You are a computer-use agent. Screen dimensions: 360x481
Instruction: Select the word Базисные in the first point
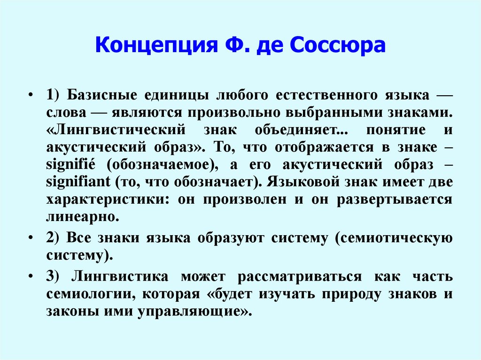click(x=100, y=95)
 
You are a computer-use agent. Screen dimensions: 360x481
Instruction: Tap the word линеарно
click(x=80, y=217)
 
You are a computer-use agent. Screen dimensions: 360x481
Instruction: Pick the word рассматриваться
click(x=299, y=277)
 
